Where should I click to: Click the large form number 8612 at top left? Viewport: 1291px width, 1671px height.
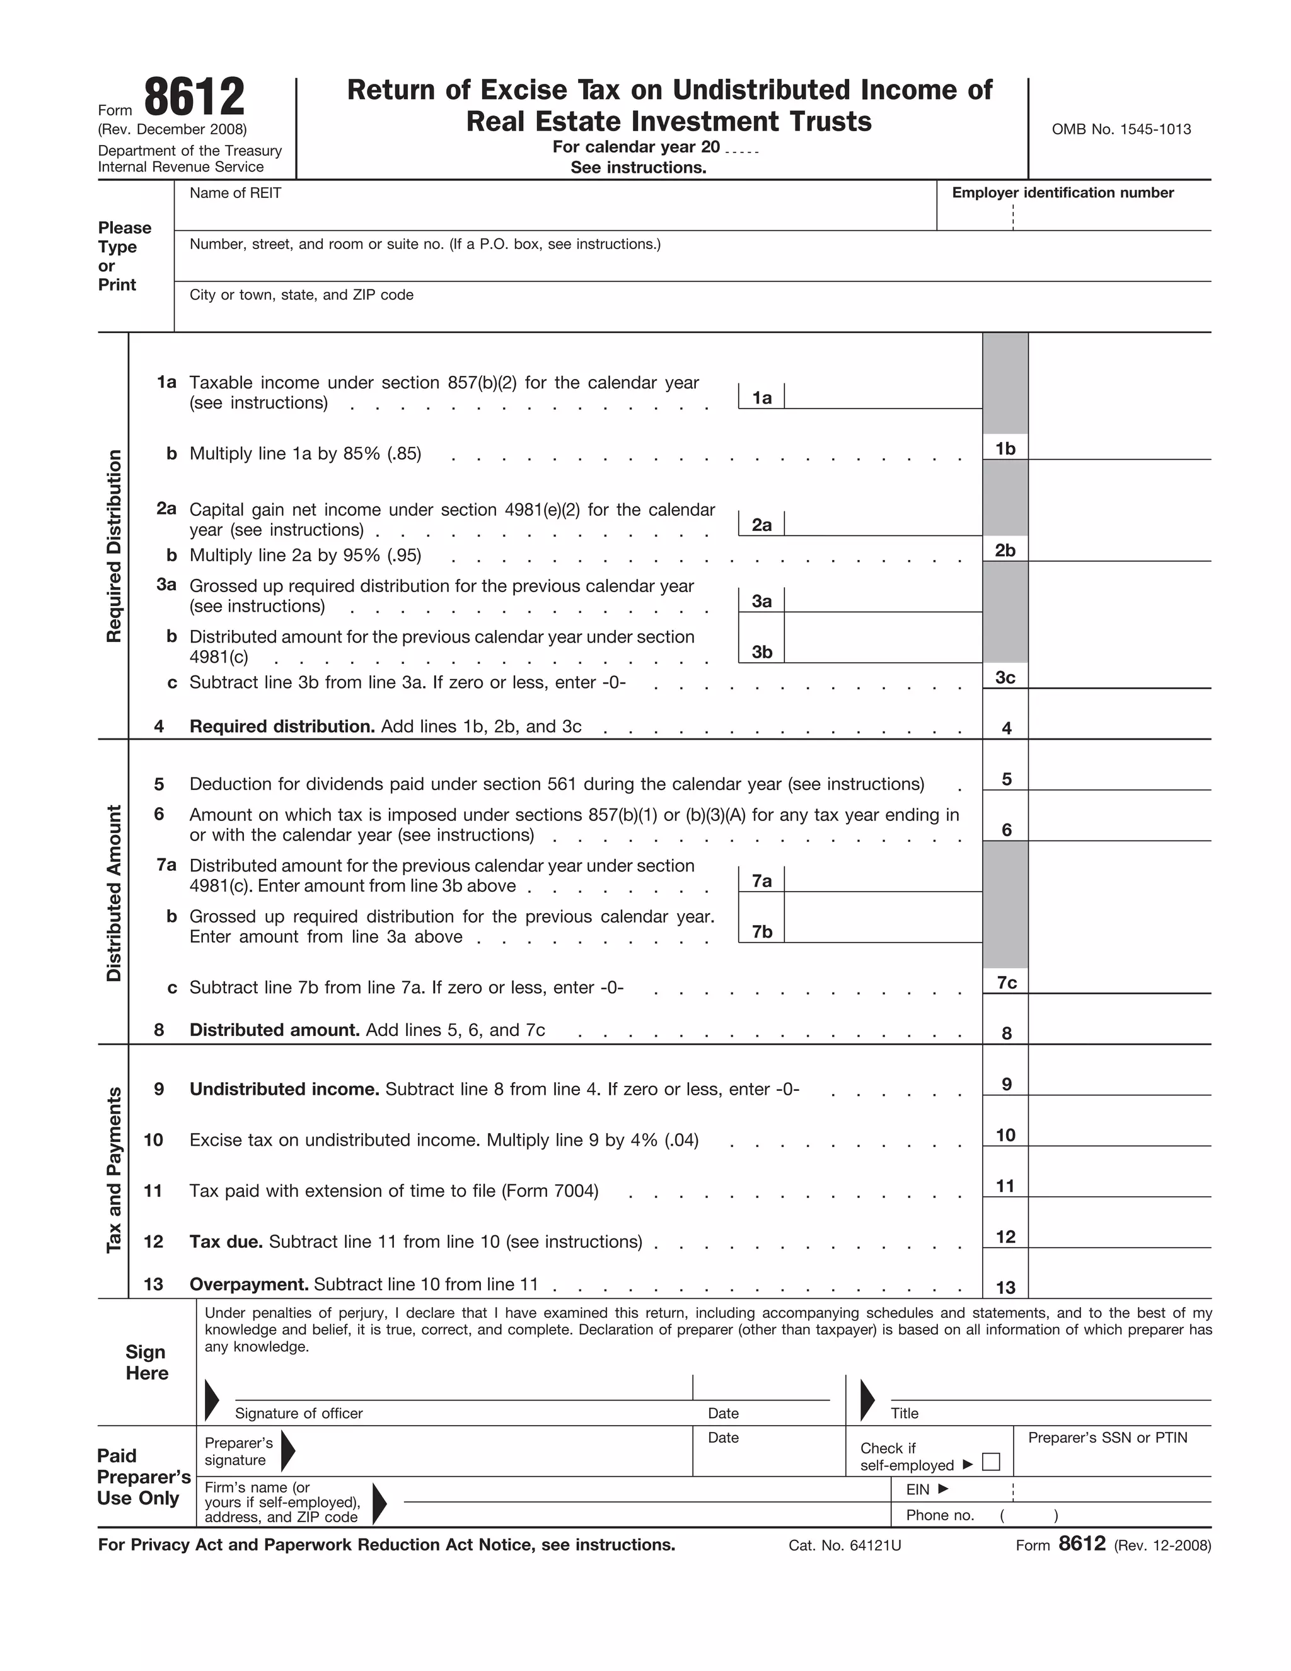tap(194, 98)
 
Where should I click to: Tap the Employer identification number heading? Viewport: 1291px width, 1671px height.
tap(1062, 193)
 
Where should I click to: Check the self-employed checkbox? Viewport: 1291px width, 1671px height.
tap(990, 1462)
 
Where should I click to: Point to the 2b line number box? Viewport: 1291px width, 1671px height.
tap(1005, 550)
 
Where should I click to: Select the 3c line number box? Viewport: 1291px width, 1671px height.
tap(1005, 677)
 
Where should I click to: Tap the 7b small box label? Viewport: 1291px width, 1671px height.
tap(761, 931)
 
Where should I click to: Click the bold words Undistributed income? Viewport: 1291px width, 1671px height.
tap(284, 1089)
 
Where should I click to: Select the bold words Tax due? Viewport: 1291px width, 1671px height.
tap(226, 1242)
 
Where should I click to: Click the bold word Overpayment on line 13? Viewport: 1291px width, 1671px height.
tap(248, 1284)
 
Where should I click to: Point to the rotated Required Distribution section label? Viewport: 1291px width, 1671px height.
tap(114, 546)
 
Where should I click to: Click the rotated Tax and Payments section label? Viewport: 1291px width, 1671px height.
tap(114, 1170)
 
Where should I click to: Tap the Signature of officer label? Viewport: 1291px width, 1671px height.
tap(298, 1413)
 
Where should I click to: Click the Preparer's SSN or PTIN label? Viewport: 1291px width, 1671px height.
tap(1108, 1438)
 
